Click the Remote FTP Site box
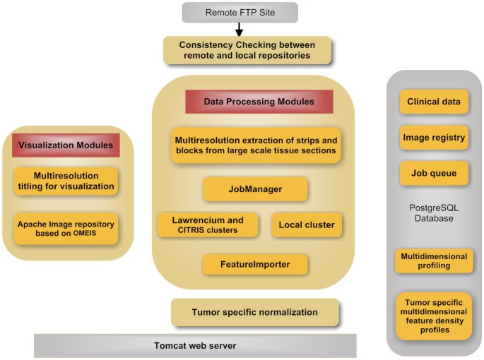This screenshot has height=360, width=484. [240, 12]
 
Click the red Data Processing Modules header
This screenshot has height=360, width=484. [259, 102]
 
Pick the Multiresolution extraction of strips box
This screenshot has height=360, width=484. [256, 145]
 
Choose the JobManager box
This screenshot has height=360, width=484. [255, 189]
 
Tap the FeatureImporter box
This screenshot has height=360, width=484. [255, 264]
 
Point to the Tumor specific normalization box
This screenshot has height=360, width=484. [255, 311]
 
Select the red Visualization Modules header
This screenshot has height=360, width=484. [66, 145]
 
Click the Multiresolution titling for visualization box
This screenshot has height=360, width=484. [66, 181]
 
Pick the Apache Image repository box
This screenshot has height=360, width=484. [66, 227]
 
